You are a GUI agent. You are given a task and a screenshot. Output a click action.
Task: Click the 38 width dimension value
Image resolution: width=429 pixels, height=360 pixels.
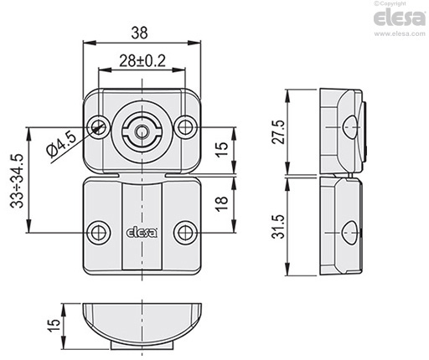point(139,33)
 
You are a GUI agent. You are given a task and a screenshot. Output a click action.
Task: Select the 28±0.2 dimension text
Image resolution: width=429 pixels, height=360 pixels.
point(142,61)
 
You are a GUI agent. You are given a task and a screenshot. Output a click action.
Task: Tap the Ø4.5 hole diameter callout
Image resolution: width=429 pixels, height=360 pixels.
point(62,145)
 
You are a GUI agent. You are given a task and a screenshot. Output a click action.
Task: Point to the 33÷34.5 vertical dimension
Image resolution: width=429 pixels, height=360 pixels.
point(17,181)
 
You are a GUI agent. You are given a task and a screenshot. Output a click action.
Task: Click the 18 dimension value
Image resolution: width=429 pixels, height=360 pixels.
point(222,204)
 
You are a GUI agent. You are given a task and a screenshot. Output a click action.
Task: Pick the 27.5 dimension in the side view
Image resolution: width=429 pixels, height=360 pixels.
point(278,132)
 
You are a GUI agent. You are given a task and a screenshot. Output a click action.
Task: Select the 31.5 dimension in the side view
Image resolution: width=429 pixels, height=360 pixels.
point(278,227)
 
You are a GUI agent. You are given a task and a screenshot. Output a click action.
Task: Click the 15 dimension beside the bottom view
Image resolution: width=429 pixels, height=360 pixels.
point(54,326)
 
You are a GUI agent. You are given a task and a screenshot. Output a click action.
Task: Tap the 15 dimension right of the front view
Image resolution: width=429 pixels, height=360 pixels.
point(222,150)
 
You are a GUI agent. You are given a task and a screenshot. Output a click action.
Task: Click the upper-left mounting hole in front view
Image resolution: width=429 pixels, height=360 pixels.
point(98,127)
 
